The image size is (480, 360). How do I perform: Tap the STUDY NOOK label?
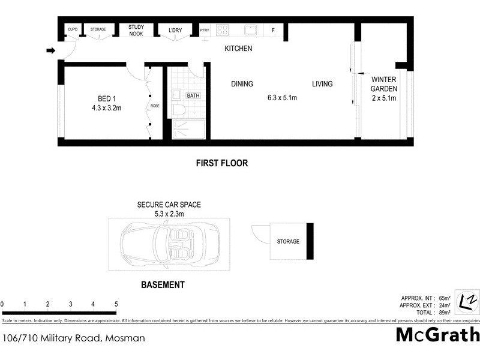click(x=136, y=30)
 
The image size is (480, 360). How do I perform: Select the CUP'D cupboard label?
click(x=73, y=29)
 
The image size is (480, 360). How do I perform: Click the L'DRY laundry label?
click(x=175, y=30)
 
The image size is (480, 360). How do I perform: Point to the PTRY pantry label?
click(x=205, y=30)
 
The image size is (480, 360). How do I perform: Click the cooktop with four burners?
click(x=223, y=29)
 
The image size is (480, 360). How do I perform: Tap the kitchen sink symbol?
click(x=250, y=29)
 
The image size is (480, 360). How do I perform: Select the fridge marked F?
click(x=273, y=30)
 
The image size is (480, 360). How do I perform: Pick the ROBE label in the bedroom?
click(x=154, y=106)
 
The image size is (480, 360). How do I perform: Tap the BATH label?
click(x=193, y=95)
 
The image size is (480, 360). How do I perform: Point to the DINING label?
click(x=242, y=84)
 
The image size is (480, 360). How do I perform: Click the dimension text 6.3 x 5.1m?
click(x=282, y=98)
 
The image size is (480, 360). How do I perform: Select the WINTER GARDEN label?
click(x=384, y=84)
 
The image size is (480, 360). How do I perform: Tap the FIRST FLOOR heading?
click(x=222, y=163)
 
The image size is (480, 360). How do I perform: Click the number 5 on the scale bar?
click(x=116, y=304)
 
